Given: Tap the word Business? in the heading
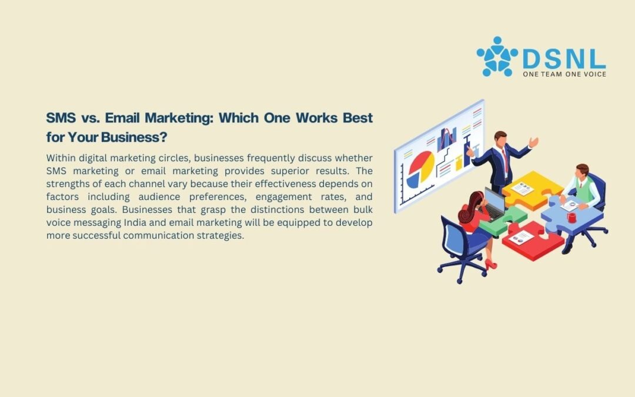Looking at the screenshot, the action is (134, 137).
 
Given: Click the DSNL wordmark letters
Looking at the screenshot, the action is (564, 59).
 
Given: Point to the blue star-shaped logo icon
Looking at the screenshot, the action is (497, 56).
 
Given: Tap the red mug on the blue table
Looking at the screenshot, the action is (571, 218).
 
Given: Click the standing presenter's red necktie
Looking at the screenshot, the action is (506, 161).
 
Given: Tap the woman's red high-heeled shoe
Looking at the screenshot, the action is (491, 265).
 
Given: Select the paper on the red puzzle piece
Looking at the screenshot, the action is (521, 238).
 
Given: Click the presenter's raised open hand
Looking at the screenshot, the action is (533, 142).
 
